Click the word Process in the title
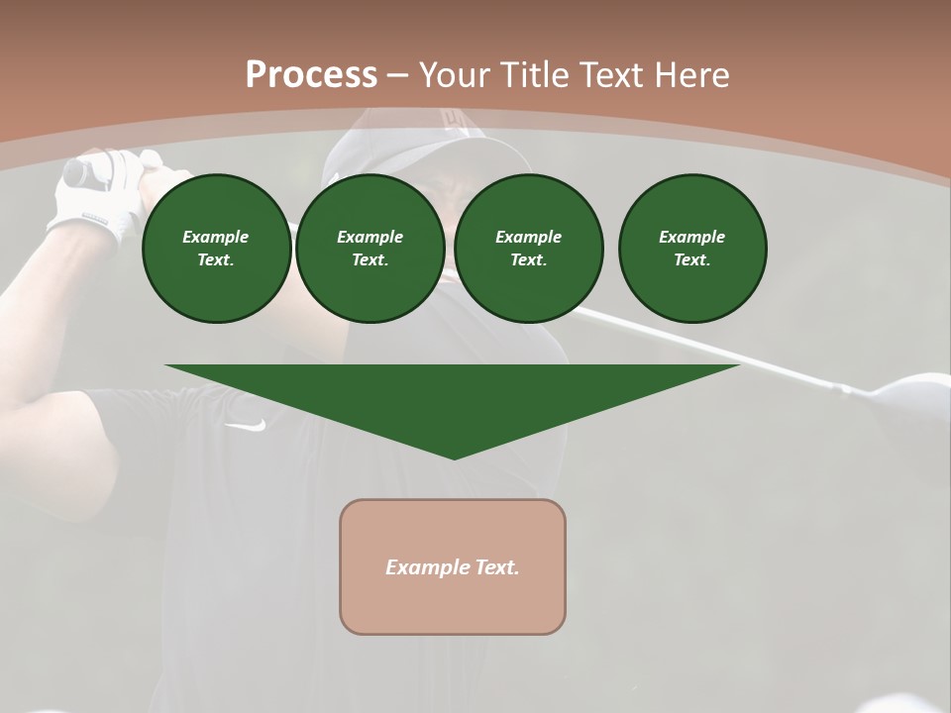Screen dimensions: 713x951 point(311,75)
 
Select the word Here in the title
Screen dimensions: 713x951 point(693,75)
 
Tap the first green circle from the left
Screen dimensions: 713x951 point(216,249)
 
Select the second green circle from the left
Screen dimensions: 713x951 point(370,249)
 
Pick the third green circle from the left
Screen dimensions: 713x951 point(528,249)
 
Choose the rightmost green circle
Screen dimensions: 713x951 point(691,249)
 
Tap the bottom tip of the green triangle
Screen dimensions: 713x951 point(454,457)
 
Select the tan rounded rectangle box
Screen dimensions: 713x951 point(453,566)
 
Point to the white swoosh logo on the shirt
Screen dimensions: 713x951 point(246,425)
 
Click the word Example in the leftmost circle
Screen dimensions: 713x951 point(216,237)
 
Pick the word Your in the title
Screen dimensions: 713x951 point(456,75)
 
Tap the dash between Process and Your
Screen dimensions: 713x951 point(397,75)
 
